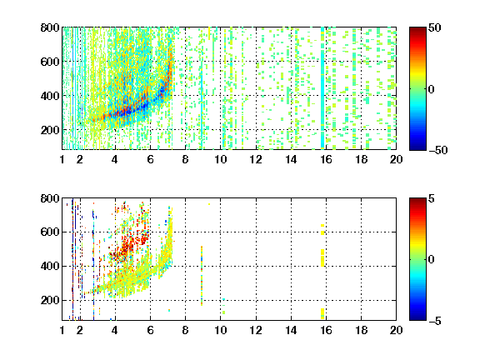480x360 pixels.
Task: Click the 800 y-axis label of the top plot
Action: (x=50, y=27)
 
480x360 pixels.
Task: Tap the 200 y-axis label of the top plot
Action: (x=50, y=130)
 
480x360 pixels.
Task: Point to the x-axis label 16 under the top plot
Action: (x=327, y=159)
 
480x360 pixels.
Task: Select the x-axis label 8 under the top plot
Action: (x=185, y=159)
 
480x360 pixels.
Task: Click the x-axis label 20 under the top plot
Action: (x=396, y=159)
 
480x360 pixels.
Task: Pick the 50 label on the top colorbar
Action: (x=435, y=27)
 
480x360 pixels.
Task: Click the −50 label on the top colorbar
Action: (x=437, y=150)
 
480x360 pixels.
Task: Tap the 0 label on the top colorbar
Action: (x=432, y=89)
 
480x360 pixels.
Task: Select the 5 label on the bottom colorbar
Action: (x=432, y=198)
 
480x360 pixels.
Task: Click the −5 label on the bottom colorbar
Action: (x=435, y=321)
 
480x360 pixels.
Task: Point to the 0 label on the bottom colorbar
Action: (x=432, y=260)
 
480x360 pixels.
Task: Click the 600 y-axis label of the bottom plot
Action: (x=50, y=232)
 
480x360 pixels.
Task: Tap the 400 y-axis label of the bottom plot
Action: (x=50, y=266)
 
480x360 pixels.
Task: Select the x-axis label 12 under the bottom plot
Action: (x=256, y=330)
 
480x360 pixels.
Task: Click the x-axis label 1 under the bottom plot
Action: (x=62, y=330)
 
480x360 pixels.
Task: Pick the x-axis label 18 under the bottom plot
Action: (x=362, y=330)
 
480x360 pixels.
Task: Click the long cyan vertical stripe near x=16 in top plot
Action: (x=322, y=88)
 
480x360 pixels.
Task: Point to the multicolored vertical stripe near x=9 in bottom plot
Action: (x=202, y=276)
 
